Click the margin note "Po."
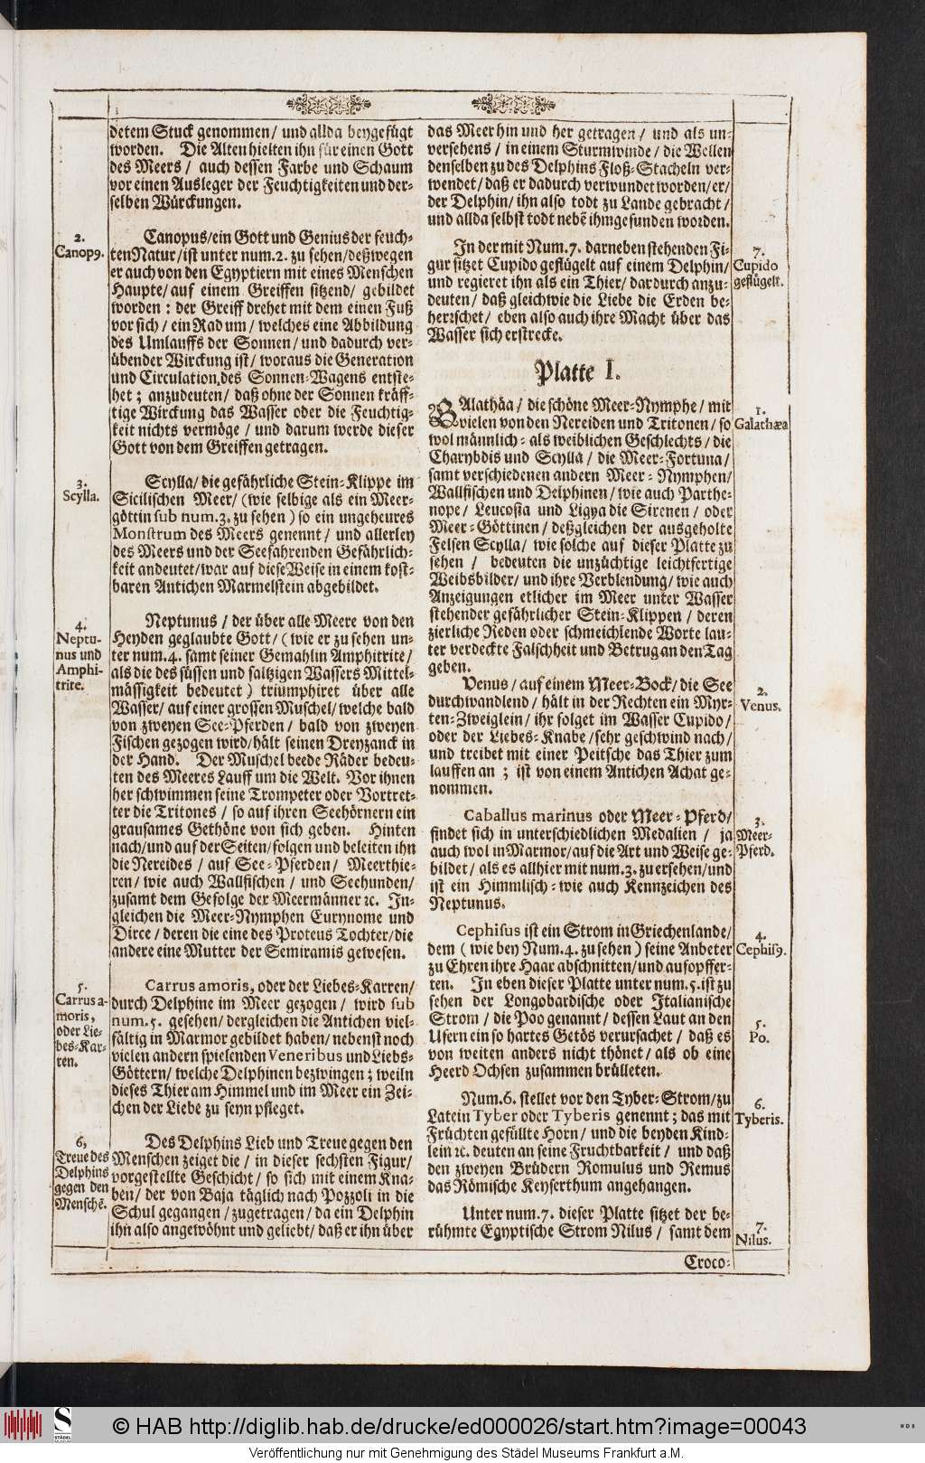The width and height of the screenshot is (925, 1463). click(x=759, y=1036)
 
